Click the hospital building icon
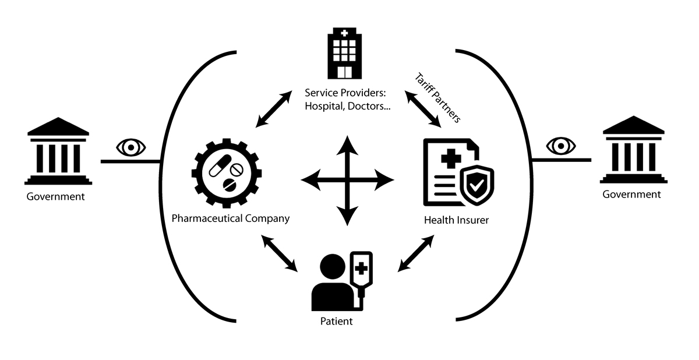[x=344, y=53]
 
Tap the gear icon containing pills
[x=227, y=170]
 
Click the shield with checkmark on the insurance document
[x=476, y=185]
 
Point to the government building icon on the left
[x=58, y=151]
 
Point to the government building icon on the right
[x=632, y=150]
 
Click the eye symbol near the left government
[x=131, y=147]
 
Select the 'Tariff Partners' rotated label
[x=438, y=97]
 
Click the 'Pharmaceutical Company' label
[x=231, y=219]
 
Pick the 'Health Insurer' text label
[x=456, y=220]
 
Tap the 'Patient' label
[x=337, y=321]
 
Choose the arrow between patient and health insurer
[x=416, y=253]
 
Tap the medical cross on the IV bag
[x=361, y=270]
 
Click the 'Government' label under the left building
[x=56, y=196]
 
